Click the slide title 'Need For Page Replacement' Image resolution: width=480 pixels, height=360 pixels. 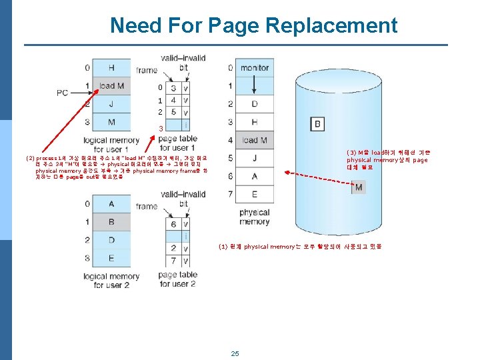click(x=253, y=25)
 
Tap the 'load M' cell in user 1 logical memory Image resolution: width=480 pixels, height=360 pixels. click(x=111, y=85)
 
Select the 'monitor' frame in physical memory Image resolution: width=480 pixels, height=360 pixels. click(x=254, y=67)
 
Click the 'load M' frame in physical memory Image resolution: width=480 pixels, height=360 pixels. click(x=254, y=140)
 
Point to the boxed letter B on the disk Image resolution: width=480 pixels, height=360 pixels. click(x=317, y=124)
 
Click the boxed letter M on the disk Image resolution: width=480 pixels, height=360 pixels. click(x=359, y=187)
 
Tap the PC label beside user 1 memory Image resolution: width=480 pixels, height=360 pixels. click(x=63, y=93)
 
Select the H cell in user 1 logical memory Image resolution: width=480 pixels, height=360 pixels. click(x=111, y=67)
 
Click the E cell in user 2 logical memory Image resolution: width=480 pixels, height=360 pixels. click(x=111, y=258)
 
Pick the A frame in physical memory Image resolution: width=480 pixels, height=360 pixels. click(x=254, y=176)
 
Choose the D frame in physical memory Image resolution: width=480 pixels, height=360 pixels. click(x=254, y=104)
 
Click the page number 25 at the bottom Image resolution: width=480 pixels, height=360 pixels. click(x=235, y=353)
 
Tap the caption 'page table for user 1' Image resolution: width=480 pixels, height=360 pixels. click(x=177, y=143)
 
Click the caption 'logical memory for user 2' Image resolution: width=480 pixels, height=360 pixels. click(x=111, y=280)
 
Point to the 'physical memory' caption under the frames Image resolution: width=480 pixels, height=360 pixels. click(x=254, y=217)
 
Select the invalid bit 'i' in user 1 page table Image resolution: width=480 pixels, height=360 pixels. click(x=185, y=125)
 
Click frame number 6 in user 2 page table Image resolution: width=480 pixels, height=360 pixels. click(x=173, y=225)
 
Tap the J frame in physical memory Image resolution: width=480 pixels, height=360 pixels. click(x=254, y=158)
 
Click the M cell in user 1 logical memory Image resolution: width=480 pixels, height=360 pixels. click(x=111, y=122)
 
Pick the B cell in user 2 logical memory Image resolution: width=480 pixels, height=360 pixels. click(x=111, y=222)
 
